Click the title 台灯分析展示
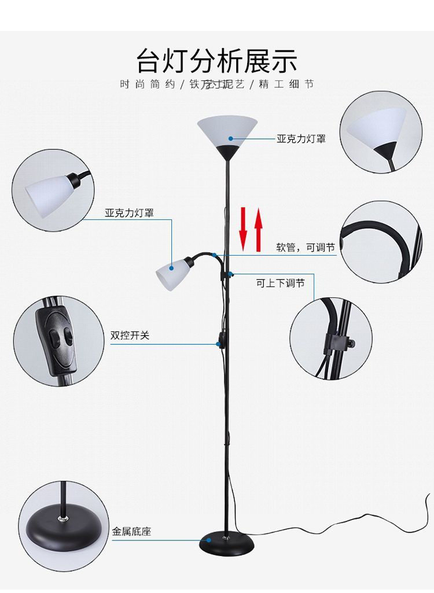[x=217, y=60]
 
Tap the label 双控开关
[x=130, y=335]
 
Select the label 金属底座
[x=131, y=531]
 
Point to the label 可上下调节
[x=280, y=283]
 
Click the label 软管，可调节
[x=305, y=248]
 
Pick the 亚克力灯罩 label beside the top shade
[x=301, y=139]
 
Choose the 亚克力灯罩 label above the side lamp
[x=129, y=213]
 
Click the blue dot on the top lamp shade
[x=230, y=138]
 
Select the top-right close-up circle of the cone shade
[x=380, y=132]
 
